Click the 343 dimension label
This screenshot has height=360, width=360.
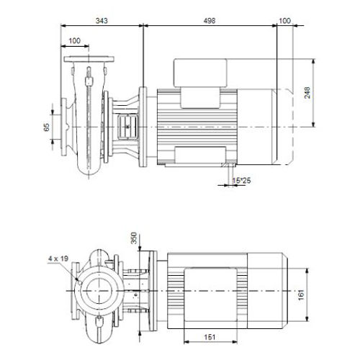click(x=102, y=21)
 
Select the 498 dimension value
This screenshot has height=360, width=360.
click(x=210, y=21)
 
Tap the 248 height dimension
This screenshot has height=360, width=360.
click(x=307, y=93)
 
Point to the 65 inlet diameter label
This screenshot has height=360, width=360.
click(x=46, y=127)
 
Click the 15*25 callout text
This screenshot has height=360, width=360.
click(x=241, y=180)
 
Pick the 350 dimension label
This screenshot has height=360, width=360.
click(x=134, y=238)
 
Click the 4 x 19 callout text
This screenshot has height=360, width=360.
click(x=58, y=258)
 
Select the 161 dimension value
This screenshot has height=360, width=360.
click(x=301, y=294)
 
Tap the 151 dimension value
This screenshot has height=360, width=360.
click(x=210, y=337)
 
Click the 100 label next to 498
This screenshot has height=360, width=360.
click(x=285, y=21)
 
